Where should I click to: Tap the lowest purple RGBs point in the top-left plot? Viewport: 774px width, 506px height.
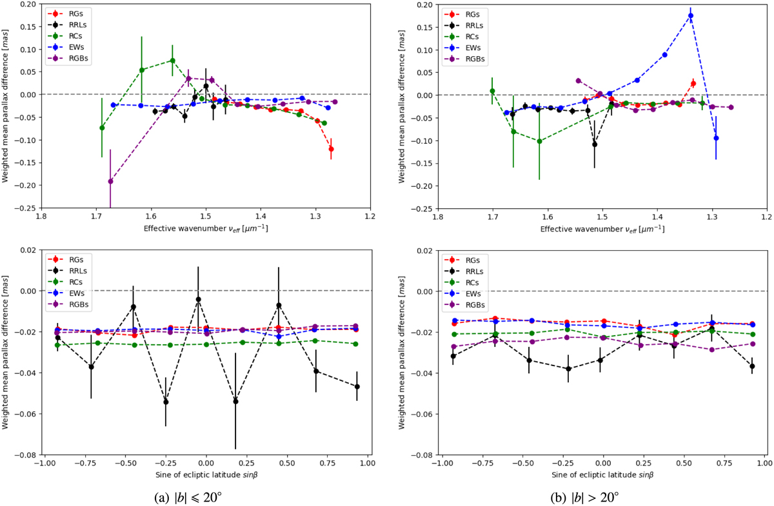[110, 181]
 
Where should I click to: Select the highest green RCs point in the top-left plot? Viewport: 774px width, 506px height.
[172, 61]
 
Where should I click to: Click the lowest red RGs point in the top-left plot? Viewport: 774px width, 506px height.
[331, 149]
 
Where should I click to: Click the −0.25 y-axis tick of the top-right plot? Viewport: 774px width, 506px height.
[422, 208]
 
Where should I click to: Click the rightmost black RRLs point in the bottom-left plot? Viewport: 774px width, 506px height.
[357, 387]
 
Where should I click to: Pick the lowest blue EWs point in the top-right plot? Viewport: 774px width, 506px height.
[716, 138]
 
